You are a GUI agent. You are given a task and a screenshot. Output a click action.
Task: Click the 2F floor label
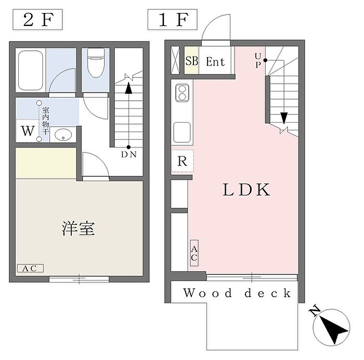(37, 20)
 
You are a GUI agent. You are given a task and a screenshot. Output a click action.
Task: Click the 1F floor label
(173, 20)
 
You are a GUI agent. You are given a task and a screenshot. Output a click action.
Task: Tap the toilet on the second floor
(96, 63)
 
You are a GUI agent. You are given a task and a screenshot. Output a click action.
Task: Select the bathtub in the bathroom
(30, 71)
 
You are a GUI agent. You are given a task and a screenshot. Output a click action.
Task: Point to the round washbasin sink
(63, 135)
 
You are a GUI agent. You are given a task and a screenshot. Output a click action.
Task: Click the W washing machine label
(28, 131)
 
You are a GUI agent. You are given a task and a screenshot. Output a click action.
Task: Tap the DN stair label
(129, 154)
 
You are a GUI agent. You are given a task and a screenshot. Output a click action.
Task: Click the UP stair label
(258, 61)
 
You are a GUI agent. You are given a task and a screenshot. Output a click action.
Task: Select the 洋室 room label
(78, 229)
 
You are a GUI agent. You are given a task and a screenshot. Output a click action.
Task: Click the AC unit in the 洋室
(30, 269)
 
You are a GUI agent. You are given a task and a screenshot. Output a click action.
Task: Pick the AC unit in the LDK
(194, 253)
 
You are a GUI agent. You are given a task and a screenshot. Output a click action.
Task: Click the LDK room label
(246, 190)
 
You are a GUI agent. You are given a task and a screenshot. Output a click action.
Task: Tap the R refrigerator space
(182, 162)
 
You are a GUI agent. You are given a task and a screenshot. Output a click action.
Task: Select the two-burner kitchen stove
(182, 93)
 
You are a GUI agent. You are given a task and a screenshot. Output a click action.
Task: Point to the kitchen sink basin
(182, 132)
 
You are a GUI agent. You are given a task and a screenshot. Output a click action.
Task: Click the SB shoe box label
(192, 61)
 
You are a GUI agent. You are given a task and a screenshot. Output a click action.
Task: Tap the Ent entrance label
(215, 62)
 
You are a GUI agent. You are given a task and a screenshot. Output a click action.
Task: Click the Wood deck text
(237, 293)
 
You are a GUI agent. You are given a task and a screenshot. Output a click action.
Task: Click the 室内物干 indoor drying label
(46, 121)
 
